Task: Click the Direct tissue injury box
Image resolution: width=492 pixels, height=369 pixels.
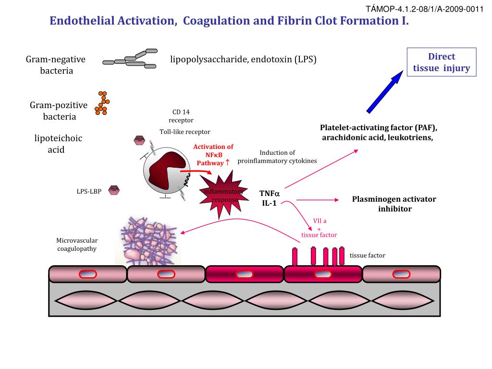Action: [441, 62]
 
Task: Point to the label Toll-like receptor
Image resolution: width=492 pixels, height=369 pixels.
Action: [185, 132]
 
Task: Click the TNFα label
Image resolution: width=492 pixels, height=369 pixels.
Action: [269, 193]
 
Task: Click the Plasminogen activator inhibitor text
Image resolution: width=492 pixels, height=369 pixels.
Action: [394, 204]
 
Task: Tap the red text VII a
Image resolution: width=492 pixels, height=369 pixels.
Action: [320, 221]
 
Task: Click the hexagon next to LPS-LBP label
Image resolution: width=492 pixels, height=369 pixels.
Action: [114, 189]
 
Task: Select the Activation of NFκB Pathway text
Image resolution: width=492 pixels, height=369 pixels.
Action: [213, 155]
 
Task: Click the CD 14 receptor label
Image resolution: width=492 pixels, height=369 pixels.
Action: [181, 116]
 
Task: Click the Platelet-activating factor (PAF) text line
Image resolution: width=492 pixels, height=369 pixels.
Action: [379, 128]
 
